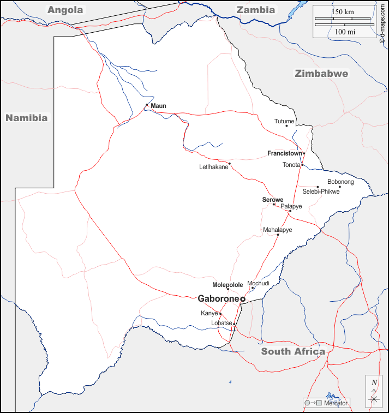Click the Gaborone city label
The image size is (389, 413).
click(x=218, y=298)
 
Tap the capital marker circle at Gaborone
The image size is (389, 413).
click(x=243, y=299)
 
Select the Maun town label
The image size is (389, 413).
click(x=158, y=106)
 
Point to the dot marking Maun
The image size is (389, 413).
click(x=147, y=105)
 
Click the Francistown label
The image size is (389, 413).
click(x=285, y=153)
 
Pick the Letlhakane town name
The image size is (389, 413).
click(x=213, y=167)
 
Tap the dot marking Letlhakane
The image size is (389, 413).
click(x=230, y=163)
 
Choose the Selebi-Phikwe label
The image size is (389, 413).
click(x=321, y=191)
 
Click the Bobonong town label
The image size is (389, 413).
click(x=340, y=182)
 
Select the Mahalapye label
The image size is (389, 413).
click(x=277, y=230)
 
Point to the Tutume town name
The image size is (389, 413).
click(x=284, y=121)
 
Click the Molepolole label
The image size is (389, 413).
click(x=228, y=285)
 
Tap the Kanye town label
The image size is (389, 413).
click(x=209, y=313)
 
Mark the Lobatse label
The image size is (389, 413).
click(x=222, y=323)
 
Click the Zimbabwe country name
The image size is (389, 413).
click(x=321, y=74)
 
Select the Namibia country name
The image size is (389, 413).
click(x=27, y=117)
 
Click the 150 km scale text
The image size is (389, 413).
click(x=343, y=12)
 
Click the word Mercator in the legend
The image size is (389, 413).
click(x=336, y=403)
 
